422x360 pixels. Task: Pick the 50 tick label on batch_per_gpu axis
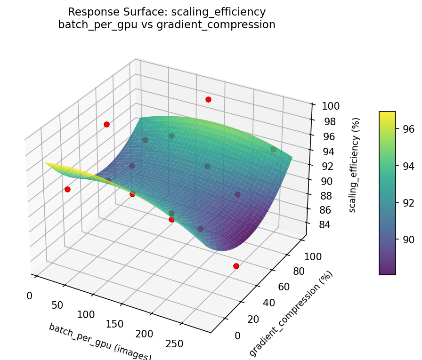57,305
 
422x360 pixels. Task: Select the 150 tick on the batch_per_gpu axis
114,324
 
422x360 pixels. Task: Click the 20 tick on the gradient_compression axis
253,319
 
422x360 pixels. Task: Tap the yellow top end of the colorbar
387,114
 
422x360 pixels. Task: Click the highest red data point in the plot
208,99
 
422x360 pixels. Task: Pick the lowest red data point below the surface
236,266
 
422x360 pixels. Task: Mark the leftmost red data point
67,189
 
